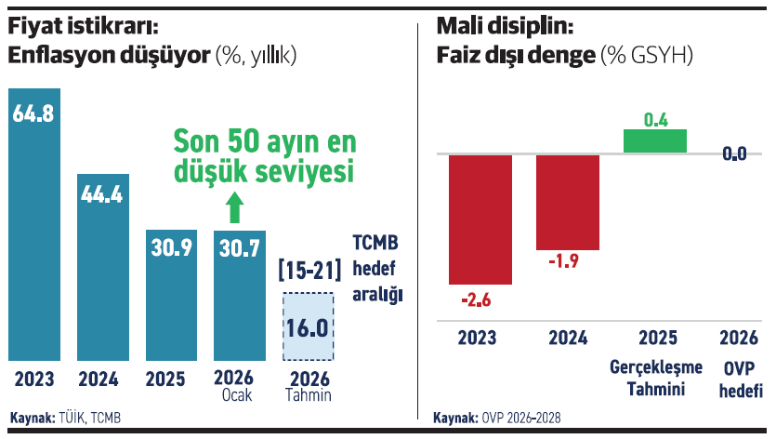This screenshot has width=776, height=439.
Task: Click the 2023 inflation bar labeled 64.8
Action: [34, 223]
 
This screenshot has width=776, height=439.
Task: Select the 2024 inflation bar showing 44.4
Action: [103, 265]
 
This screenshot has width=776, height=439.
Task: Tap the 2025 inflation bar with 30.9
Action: [172, 294]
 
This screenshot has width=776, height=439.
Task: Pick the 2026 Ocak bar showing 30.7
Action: [240, 294]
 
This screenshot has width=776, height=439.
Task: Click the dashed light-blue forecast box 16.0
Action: [309, 327]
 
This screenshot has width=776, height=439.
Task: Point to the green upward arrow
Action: [234, 207]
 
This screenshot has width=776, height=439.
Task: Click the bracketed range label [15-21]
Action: [309, 272]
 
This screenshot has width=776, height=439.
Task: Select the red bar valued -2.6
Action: [480, 219]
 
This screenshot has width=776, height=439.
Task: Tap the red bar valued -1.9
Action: [568, 202]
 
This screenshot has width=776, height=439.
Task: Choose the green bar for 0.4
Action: [655, 140]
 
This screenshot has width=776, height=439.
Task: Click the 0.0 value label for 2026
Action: [735, 154]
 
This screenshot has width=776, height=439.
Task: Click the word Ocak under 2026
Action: [240, 396]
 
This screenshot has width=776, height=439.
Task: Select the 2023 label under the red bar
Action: [477, 338]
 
